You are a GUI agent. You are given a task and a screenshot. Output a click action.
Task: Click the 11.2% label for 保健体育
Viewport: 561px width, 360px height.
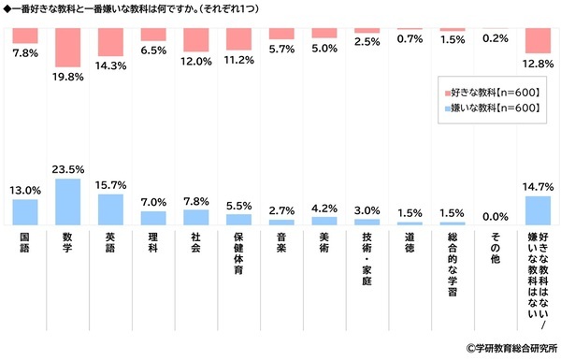238,59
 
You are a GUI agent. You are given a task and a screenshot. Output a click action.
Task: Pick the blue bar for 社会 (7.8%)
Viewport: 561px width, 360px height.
195,217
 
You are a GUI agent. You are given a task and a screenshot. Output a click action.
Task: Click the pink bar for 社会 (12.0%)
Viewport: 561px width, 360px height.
195,39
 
